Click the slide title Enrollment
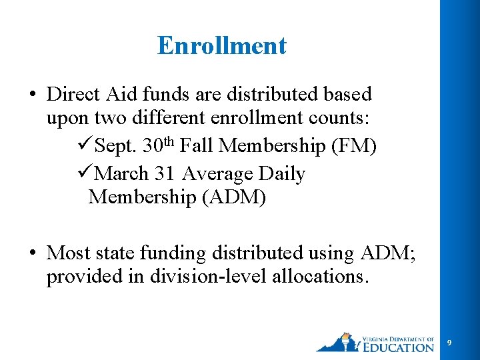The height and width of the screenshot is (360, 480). click(x=222, y=45)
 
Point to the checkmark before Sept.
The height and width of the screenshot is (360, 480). click(x=85, y=146)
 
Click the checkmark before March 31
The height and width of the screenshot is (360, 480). click(x=85, y=174)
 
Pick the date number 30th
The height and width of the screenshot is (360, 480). click(x=159, y=145)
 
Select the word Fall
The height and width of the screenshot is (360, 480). click(x=199, y=146)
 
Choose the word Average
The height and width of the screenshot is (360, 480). click(x=217, y=174)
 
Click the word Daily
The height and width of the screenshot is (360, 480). click(x=281, y=174)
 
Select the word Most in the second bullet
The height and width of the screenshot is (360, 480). click(x=69, y=253)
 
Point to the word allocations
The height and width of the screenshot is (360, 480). click(x=319, y=276)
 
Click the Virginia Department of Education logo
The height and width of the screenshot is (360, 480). click(x=375, y=341)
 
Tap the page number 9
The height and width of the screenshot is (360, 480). click(x=449, y=343)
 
